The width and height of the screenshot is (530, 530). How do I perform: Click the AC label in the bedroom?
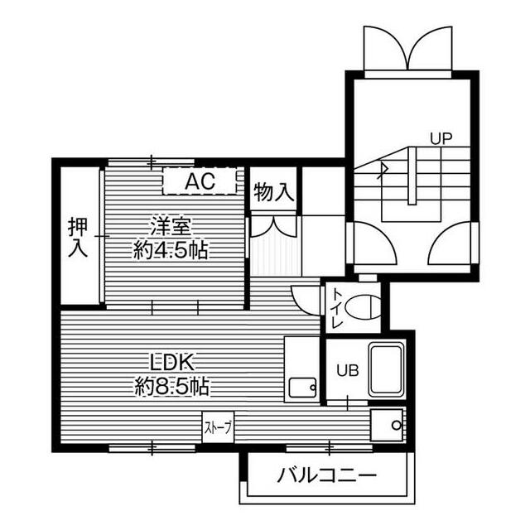[200, 181]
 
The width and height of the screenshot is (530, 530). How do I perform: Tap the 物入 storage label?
[273, 192]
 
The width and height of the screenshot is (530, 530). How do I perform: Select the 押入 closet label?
[78, 238]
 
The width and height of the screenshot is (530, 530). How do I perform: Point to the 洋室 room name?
[171, 226]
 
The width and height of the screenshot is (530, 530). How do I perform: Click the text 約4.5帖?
[171, 250]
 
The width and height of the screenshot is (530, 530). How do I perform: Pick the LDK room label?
[172, 362]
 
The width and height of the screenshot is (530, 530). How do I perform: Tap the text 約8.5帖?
[172, 387]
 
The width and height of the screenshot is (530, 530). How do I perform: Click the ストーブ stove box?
[218, 427]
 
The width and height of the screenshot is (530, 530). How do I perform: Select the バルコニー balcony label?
[327, 475]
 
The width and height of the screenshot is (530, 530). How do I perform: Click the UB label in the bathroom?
[347, 371]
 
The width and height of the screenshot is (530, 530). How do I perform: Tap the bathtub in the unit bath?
[387, 370]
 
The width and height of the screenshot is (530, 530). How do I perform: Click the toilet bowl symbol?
[363, 307]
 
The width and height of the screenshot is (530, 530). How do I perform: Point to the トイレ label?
[337, 308]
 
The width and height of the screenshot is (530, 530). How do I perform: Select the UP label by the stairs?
[441, 138]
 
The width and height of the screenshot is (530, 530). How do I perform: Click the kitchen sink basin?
[302, 388]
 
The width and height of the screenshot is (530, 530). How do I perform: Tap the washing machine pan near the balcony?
[387, 425]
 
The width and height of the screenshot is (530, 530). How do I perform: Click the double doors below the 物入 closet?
[274, 227]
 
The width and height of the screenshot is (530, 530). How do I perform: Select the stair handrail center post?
[412, 176]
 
